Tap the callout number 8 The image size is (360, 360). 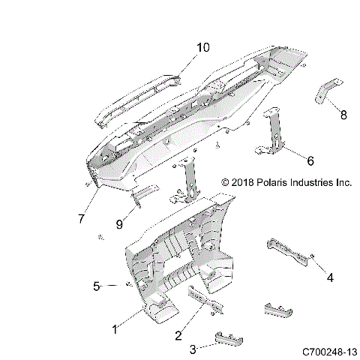point(343,115)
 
